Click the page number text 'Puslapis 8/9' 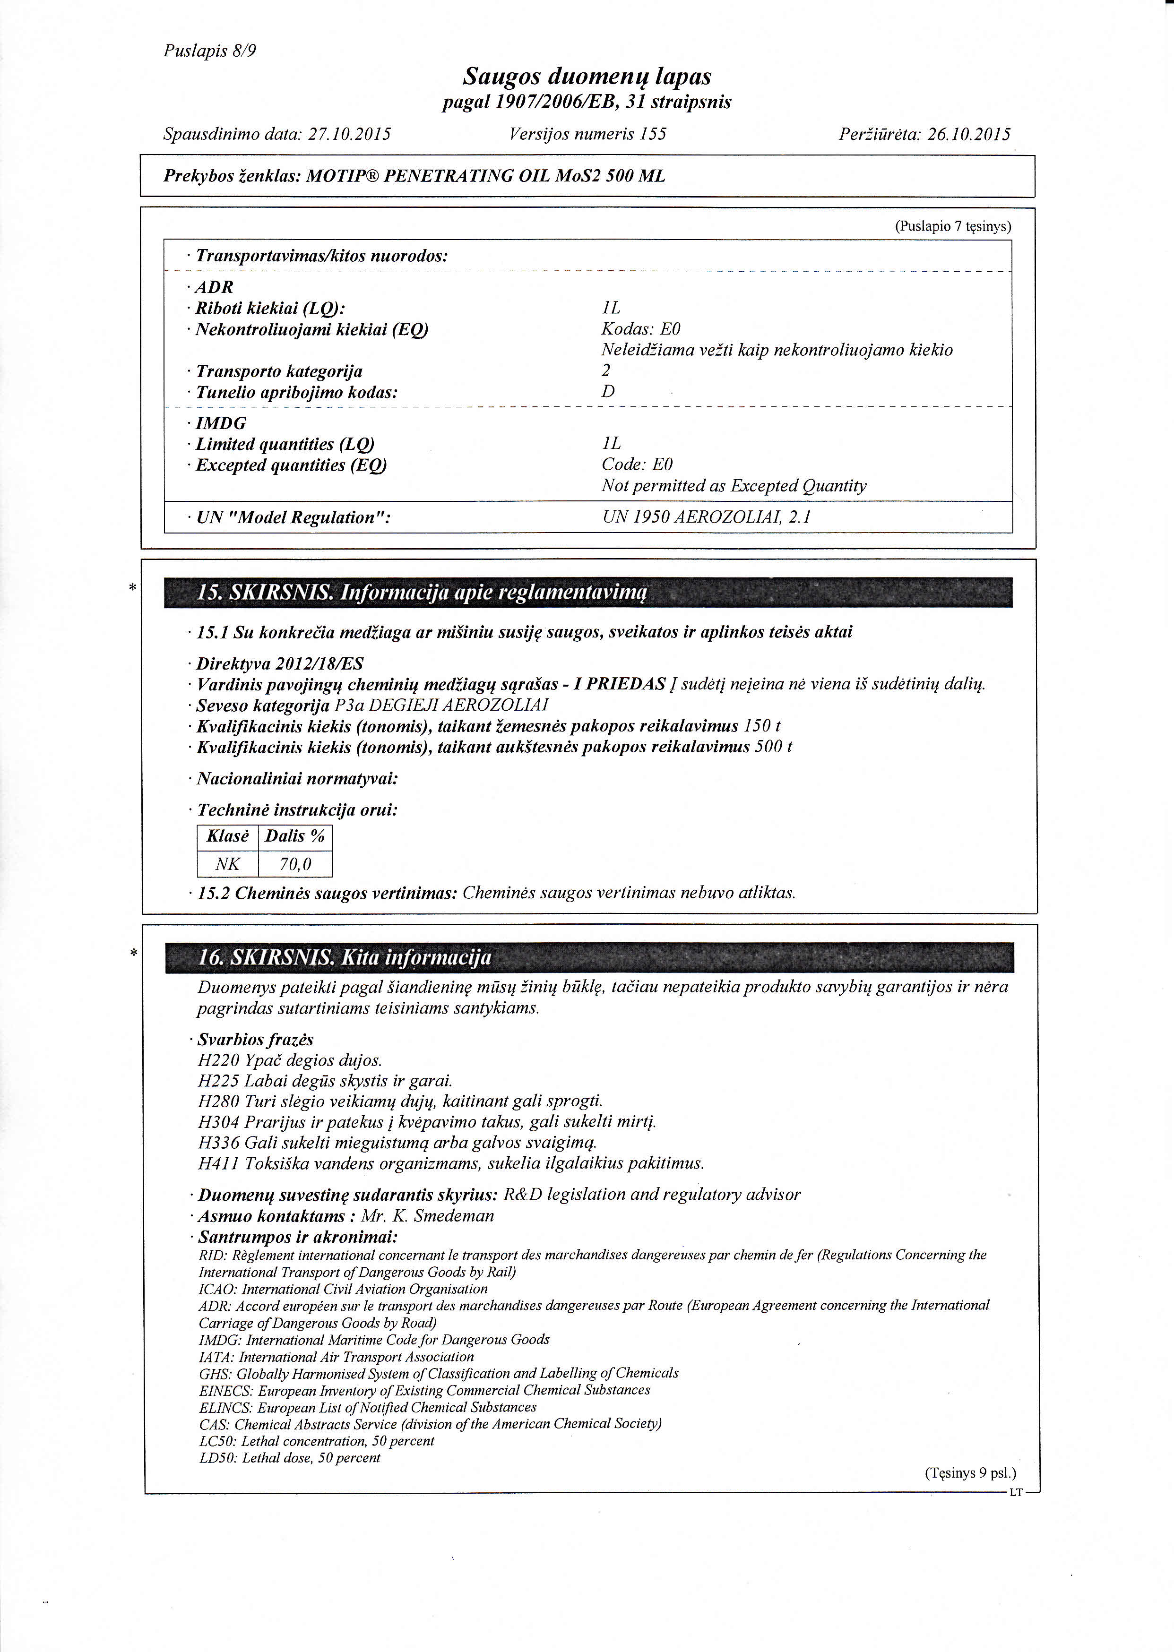point(210,52)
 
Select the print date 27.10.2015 point(350,134)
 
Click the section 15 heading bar point(588,594)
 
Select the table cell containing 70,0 point(295,864)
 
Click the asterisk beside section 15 point(132,588)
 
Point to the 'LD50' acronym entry point(213,1458)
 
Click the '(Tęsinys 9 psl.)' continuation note point(970,1473)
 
